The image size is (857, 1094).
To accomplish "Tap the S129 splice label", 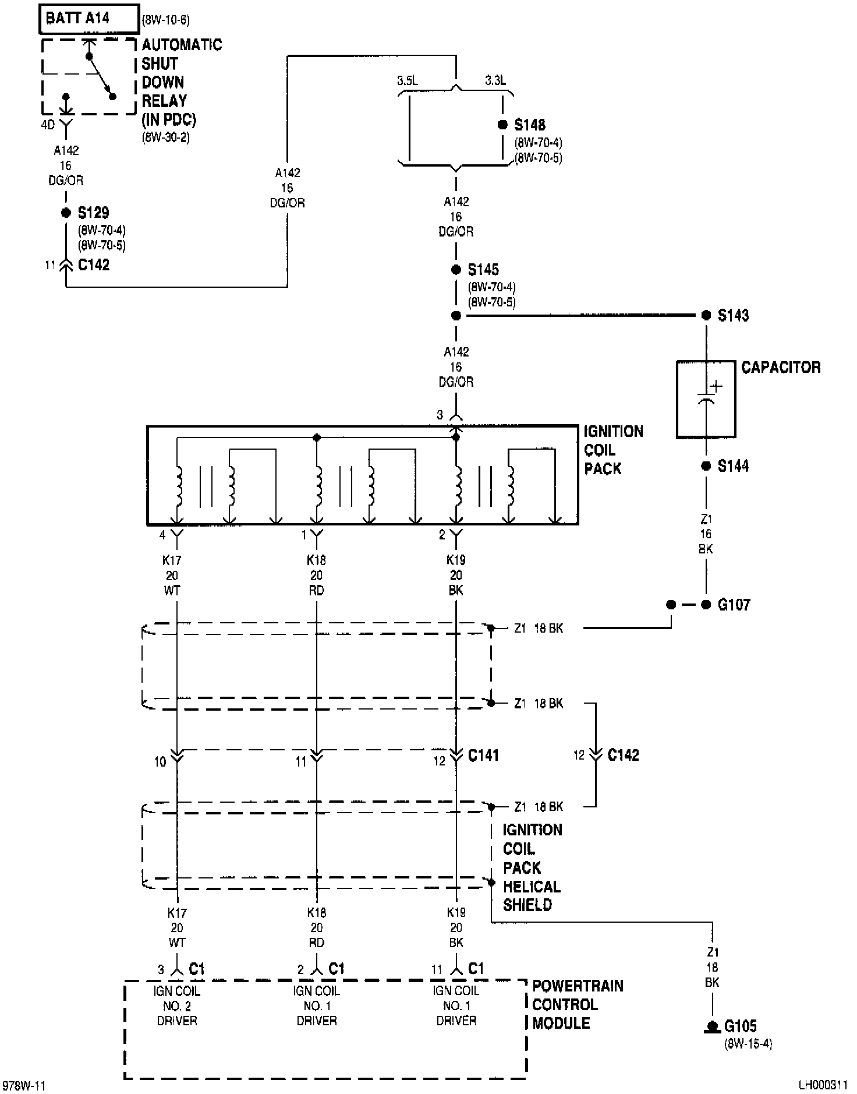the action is [94, 213].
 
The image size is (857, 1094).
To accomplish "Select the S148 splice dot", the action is [502, 125].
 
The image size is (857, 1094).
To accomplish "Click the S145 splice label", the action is [483, 270].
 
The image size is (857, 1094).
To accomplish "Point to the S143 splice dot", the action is [706, 315].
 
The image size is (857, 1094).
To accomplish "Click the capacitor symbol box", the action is [706, 400].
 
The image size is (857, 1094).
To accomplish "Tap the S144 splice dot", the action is [706, 466].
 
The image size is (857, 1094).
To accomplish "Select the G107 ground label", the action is [734, 605].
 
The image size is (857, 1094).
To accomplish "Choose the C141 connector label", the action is [484, 756].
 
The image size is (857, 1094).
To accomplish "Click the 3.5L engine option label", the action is [408, 80].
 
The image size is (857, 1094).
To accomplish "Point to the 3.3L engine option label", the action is [495, 80].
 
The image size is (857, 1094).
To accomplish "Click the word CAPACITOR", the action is [781, 368].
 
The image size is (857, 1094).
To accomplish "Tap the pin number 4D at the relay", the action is [48, 125].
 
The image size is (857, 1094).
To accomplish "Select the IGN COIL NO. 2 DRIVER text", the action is [177, 1005].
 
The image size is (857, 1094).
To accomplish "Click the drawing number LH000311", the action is [823, 1085].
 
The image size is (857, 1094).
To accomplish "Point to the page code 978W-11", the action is [24, 1086].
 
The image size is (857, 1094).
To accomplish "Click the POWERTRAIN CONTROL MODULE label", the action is [578, 1004].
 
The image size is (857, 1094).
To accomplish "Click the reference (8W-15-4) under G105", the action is [748, 1044].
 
